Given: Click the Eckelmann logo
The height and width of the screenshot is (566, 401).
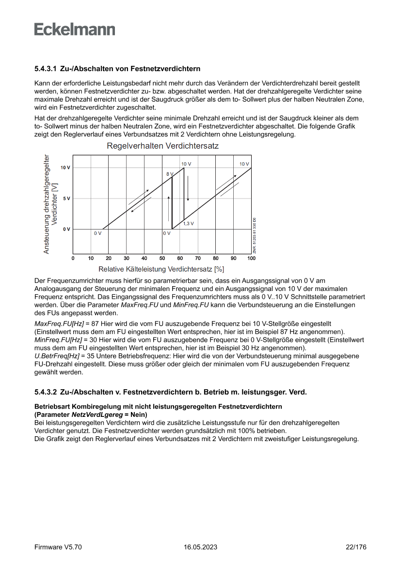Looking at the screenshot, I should click(75, 30).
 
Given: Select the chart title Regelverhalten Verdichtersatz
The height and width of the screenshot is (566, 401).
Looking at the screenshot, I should click(162, 146).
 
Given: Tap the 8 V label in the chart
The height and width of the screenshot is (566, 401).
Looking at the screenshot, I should click(169, 173).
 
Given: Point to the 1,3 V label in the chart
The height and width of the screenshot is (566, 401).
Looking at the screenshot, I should click(188, 224).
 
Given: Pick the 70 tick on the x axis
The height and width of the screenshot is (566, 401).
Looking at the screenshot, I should click(198, 259).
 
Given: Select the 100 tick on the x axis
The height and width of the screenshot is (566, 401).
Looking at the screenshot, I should click(251, 259).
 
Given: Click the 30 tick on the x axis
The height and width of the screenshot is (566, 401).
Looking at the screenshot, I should click(127, 259).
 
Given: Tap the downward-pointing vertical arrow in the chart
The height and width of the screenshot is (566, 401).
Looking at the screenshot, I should click(188, 186).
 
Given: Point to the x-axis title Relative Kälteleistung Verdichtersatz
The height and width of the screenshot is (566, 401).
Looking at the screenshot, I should click(161, 269).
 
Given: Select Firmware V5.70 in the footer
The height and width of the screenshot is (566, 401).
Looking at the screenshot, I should click(58, 547).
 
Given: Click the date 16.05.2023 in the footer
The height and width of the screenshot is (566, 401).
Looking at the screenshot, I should click(200, 547).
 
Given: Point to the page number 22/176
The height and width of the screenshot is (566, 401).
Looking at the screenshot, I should click(355, 547).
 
